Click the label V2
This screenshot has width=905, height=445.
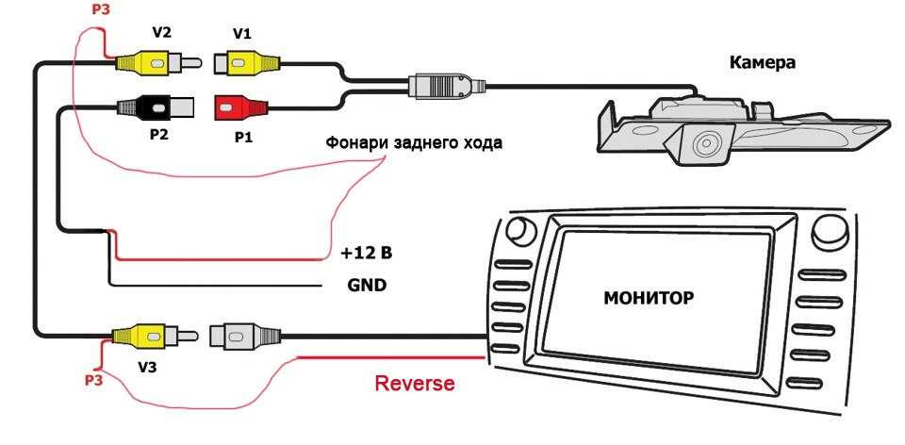coord(161,33)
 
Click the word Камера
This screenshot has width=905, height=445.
coord(763,63)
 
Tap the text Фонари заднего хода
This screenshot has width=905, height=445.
coord(414,143)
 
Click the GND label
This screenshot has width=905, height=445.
coord(366,284)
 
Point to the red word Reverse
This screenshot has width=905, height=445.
coord(415,384)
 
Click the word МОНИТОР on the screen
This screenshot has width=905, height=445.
coord(649,298)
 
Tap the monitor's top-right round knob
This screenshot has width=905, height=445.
coord(830,229)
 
